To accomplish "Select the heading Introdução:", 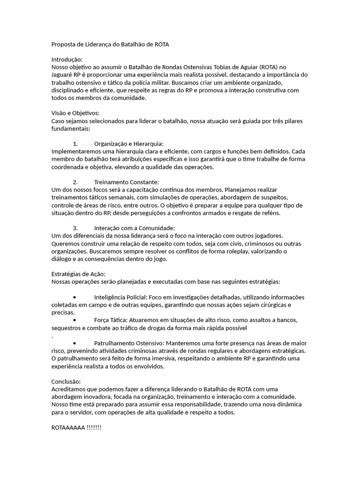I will [x=67, y=60].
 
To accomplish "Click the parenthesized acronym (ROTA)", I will [x=271, y=67].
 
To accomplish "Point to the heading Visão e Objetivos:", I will [x=75, y=113].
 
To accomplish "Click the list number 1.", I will [x=75, y=144].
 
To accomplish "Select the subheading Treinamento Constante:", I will [x=127, y=182].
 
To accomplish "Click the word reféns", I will [x=283, y=213].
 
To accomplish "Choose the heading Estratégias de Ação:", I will [x=78, y=274].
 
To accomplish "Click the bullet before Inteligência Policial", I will [x=75, y=297].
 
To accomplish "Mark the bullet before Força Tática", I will [x=75, y=320].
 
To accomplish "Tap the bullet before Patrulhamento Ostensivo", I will [x=75, y=343].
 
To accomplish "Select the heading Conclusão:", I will [x=66, y=382].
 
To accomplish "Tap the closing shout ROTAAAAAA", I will [x=68, y=427].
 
